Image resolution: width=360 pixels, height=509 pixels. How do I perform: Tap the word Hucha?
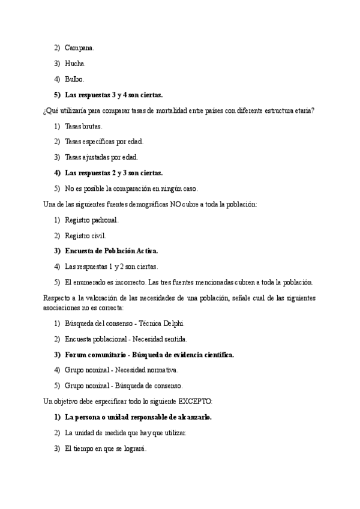click(75, 63)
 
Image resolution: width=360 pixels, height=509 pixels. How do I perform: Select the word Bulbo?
click(74, 79)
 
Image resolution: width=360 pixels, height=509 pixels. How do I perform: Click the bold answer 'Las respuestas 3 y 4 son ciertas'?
click(113, 95)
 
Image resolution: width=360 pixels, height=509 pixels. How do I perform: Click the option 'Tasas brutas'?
click(83, 126)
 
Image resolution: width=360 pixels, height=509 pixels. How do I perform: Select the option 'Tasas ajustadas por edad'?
click(101, 157)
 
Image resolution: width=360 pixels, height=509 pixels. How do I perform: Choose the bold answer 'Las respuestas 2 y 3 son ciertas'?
click(113, 173)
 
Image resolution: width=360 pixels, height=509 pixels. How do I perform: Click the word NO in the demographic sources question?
click(176, 204)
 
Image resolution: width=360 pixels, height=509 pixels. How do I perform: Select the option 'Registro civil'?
click(85, 235)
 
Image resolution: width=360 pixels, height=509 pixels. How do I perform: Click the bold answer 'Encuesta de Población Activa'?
click(111, 251)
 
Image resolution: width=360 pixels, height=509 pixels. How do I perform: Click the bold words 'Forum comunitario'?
click(94, 354)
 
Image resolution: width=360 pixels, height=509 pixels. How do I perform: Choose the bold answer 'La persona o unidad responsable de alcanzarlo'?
click(138, 417)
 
